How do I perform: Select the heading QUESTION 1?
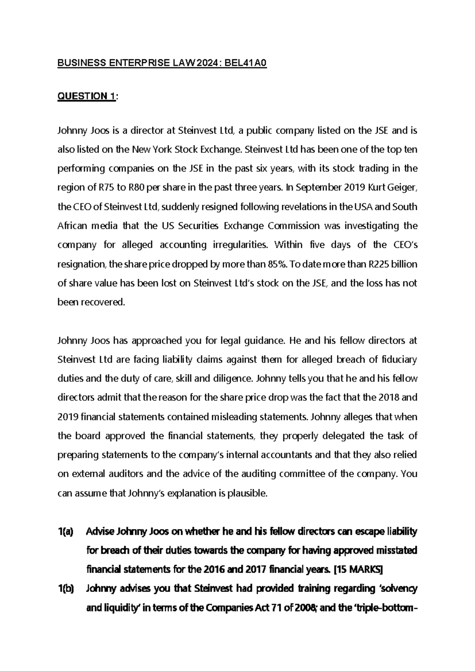click(x=87, y=96)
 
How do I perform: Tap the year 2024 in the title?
click(x=205, y=63)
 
